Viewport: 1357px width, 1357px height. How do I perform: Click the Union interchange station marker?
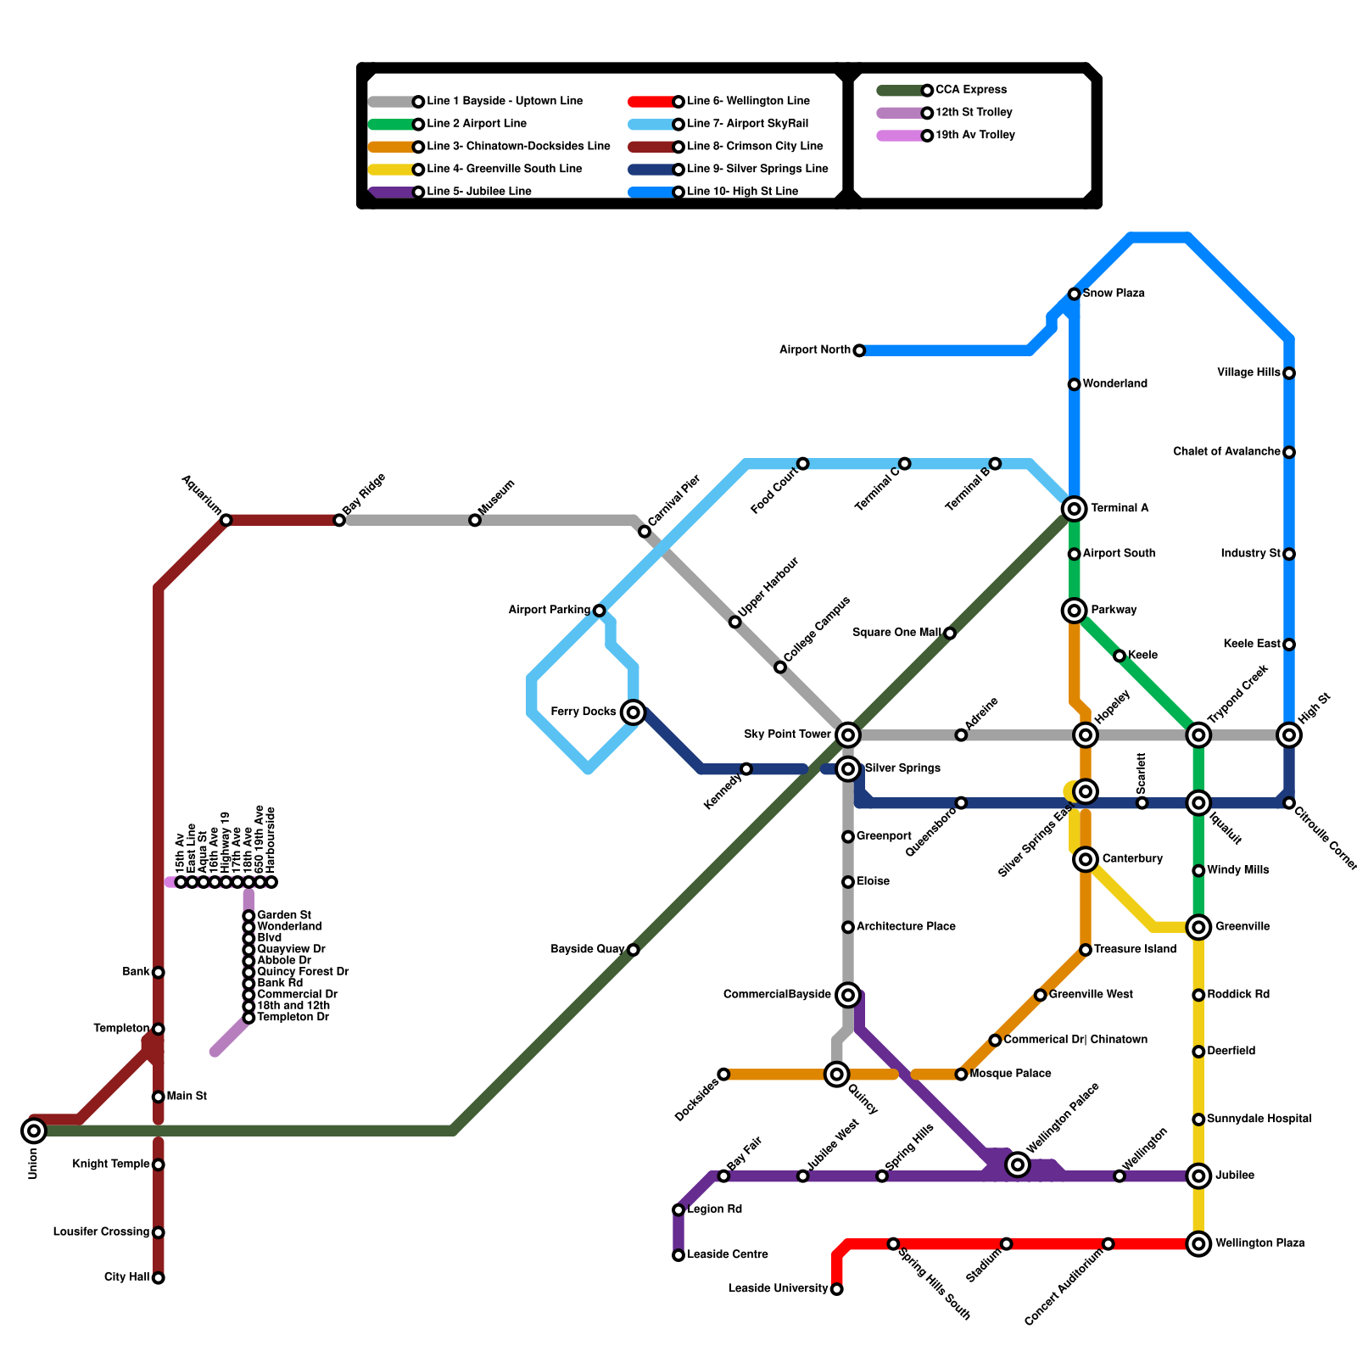[34, 1130]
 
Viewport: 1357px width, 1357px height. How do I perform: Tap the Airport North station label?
[814, 350]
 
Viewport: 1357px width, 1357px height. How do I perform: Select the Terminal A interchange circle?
[1075, 509]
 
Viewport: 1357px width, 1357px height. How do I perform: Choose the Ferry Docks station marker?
[633, 712]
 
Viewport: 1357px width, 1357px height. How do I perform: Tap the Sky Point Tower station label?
[787, 734]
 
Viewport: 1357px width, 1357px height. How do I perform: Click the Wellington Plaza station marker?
[1198, 1244]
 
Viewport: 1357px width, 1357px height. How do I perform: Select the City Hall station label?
[127, 1277]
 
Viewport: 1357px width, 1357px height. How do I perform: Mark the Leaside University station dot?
[837, 1290]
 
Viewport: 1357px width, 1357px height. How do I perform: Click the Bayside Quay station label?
[588, 949]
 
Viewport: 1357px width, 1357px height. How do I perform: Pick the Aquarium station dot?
[226, 520]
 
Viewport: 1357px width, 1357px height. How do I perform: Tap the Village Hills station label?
[1248, 373]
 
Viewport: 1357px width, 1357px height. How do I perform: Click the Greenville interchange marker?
[1198, 927]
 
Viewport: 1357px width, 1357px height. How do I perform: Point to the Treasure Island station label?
[1135, 950]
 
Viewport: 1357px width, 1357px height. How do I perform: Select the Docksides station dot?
[723, 1075]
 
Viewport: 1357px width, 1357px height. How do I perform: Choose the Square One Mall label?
[896, 633]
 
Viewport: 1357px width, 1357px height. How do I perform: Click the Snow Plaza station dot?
[1075, 294]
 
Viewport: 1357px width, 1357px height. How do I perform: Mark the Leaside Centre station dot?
[678, 1255]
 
